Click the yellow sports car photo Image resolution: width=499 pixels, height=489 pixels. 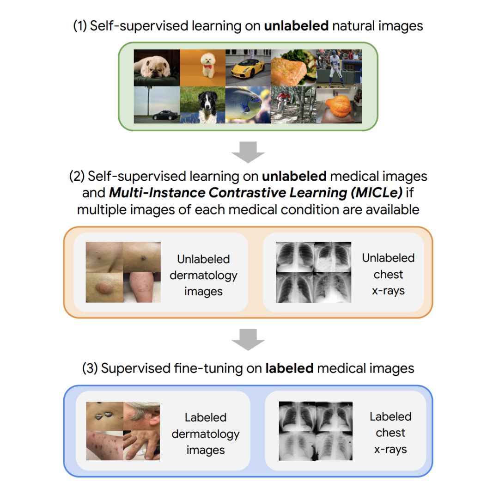click(248, 68)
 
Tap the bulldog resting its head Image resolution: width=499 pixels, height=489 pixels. click(157, 67)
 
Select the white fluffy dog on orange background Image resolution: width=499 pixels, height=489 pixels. click(202, 68)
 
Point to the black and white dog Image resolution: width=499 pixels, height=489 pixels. click(202, 105)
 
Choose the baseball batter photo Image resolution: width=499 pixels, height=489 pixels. click(339, 67)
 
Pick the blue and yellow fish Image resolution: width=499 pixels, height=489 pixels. click(248, 105)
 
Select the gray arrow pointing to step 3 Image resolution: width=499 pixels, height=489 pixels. click(248, 341)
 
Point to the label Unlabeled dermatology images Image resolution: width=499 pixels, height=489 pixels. click(203, 275)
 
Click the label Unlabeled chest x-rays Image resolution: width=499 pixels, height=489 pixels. click(388, 274)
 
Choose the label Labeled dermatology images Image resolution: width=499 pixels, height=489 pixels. click(205, 434)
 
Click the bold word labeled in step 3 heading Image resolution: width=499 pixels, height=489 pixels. click(289, 368)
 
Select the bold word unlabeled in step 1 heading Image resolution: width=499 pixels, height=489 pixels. click(296, 26)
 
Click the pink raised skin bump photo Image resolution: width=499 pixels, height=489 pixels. click(104, 287)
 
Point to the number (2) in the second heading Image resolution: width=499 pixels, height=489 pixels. click(76, 176)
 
